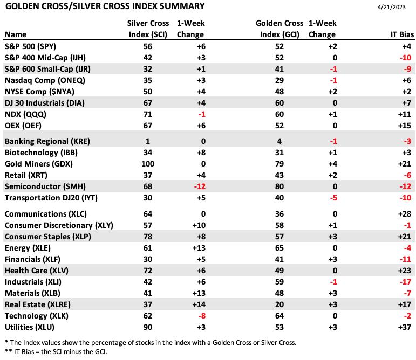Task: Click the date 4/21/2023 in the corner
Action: pyautogui.click(x=391, y=7)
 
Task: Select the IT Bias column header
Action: pyautogui.click(x=402, y=34)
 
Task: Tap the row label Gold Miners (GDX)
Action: pyautogui.click(x=39, y=164)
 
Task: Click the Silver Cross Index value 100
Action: pyautogui.click(x=148, y=164)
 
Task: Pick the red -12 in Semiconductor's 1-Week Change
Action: pyautogui.click(x=200, y=187)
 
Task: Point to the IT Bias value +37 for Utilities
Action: pyautogui.click(x=405, y=328)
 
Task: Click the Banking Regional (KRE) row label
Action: pyautogui.click(x=47, y=141)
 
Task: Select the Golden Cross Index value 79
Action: pyautogui.click(x=279, y=164)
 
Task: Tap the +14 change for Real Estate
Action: pyautogui.click(x=199, y=304)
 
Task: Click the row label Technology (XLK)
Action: pyautogui.click(x=37, y=316)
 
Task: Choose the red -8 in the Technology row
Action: pyautogui.click(x=201, y=316)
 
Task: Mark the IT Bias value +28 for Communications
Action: pyautogui.click(x=405, y=214)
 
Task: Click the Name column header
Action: pyautogui.click(x=16, y=34)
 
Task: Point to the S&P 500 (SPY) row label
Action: pyautogui.click(x=31, y=47)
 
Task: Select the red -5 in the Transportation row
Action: pyautogui.click(x=333, y=198)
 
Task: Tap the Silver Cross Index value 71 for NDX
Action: pyautogui.click(x=148, y=114)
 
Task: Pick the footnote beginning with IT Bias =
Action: pyautogui.click(x=56, y=352)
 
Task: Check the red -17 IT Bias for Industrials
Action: pyautogui.click(x=405, y=282)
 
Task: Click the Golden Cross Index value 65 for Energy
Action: pyautogui.click(x=279, y=248)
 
